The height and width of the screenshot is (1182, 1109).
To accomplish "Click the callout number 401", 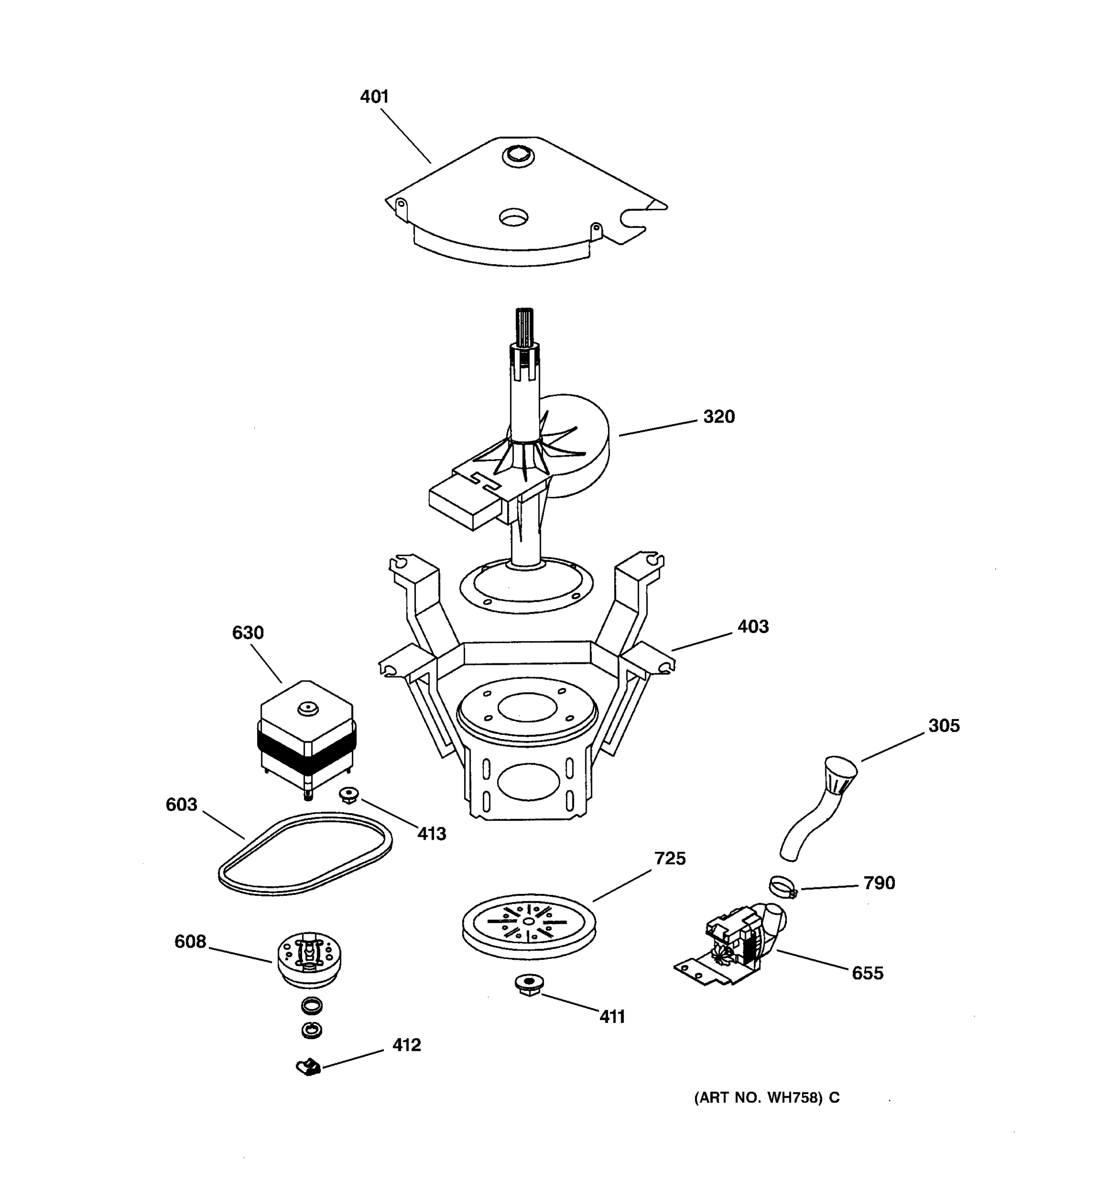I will [374, 97].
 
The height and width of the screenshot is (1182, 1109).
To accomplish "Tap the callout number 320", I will [719, 417].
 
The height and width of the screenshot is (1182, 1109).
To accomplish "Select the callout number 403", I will [753, 626].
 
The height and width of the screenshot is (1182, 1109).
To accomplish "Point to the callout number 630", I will [248, 633].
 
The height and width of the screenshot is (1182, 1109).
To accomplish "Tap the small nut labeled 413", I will [349, 794].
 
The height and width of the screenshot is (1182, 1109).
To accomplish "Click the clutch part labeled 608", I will [309, 959].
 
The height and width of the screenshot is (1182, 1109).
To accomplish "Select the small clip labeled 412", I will [308, 1067].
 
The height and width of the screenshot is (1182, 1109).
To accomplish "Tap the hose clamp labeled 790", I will [782, 887].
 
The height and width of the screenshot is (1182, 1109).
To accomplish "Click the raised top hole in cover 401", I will [518, 156].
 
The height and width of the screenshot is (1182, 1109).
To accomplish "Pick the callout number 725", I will [670, 858].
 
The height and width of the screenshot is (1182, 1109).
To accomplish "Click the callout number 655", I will [867, 973].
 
